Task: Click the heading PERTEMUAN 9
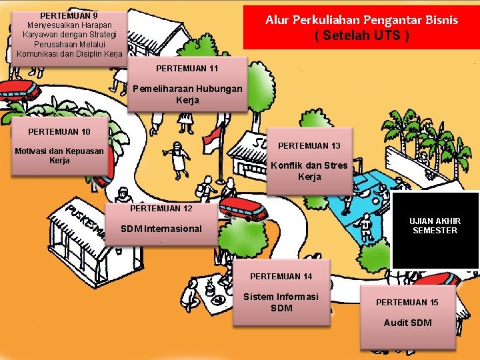click(x=69, y=15)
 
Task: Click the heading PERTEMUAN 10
click(x=59, y=131)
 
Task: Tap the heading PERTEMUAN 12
click(x=161, y=208)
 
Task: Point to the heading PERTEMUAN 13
click(x=309, y=145)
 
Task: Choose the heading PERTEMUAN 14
click(x=281, y=276)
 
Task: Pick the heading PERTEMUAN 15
click(x=407, y=302)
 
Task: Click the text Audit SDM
click(x=407, y=323)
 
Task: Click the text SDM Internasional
click(x=161, y=229)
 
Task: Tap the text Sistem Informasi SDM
click(x=281, y=302)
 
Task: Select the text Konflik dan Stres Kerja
click(x=309, y=171)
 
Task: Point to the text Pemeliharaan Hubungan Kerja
click(x=187, y=94)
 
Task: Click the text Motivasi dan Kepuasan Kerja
click(x=59, y=155)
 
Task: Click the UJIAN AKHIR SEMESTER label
click(x=435, y=225)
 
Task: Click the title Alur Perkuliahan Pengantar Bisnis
click(x=361, y=19)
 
